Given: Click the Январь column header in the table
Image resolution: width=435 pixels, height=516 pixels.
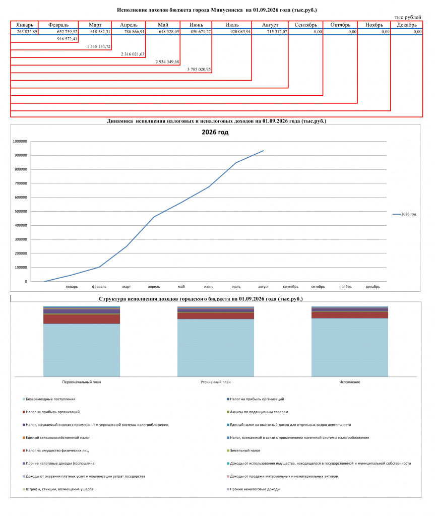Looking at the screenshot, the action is [x=25, y=25].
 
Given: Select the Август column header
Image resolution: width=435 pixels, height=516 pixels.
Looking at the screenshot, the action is [x=270, y=25].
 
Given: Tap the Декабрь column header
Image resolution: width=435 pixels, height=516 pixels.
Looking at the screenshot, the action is [x=407, y=25].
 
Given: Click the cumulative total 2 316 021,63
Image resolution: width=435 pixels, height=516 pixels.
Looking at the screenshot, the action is [x=133, y=54].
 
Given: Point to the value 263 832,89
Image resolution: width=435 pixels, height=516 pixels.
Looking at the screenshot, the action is [x=27, y=32].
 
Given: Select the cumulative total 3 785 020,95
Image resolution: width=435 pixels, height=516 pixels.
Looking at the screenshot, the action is [x=199, y=70].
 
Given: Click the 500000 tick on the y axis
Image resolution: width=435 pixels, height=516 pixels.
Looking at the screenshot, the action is [x=20, y=211].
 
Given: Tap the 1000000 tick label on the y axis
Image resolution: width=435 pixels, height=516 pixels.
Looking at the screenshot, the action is [x=20, y=141].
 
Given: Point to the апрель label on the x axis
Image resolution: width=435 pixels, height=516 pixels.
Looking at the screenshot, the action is [x=154, y=287].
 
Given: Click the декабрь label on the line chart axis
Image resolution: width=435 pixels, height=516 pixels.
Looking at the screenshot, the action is [x=373, y=287].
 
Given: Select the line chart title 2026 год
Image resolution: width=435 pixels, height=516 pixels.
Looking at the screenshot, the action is [x=215, y=133].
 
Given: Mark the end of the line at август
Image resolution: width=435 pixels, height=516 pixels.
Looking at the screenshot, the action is [x=264, y=151].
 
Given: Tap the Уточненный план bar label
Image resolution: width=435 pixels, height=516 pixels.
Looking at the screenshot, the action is [x=216, y=382].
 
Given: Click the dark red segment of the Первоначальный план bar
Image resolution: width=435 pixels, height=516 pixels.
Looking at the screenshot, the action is [x=82, y=319].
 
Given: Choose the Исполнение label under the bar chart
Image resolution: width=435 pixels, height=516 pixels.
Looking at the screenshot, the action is [x=350, y=382].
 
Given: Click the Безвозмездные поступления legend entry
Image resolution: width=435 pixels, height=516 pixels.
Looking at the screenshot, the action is [x=49, y=399].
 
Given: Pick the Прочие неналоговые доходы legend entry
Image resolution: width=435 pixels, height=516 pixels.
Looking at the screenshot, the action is [x=253, y=489].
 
